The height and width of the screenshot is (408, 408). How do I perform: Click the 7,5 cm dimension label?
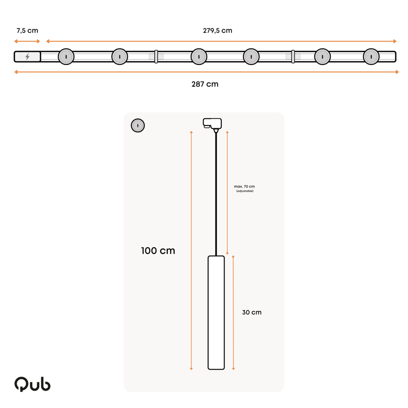click(x=27, y=31)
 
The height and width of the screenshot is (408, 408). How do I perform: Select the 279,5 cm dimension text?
click(x=217, y=31)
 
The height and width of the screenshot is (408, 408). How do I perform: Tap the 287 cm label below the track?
click(x=205, y=84)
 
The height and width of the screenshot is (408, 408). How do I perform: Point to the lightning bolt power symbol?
click(x=27, y=57)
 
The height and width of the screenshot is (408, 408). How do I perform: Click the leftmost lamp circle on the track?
click(x=66, y=57)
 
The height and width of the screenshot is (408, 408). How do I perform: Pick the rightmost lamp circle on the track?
click(x=371, y=57)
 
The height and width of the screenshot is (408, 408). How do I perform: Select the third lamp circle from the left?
click(x=199, y=57)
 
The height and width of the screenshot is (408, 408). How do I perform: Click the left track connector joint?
click(x=156, y=57)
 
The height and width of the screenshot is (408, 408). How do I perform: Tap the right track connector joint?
click(x=293, y=57)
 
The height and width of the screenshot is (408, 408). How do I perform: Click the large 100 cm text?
click(x=158, y=251)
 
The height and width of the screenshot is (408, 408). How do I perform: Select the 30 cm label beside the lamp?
click(x=252, y=313)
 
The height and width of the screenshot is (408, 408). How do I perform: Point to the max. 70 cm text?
click(x=244, y=186)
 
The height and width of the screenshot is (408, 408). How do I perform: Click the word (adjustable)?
click(x=245, y=191)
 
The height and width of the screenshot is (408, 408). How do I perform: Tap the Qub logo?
click(x=33, y=384)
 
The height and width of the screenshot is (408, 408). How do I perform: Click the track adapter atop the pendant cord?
click(x=213, y=123)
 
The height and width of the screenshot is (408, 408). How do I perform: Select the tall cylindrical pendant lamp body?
click(x=216, y=313)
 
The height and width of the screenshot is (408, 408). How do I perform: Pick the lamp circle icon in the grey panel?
click(x=138, y=125)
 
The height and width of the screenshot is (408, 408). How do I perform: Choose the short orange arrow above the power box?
click(x=27, y=41)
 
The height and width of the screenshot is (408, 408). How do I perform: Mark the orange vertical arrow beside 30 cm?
click(x=233, y=313)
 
